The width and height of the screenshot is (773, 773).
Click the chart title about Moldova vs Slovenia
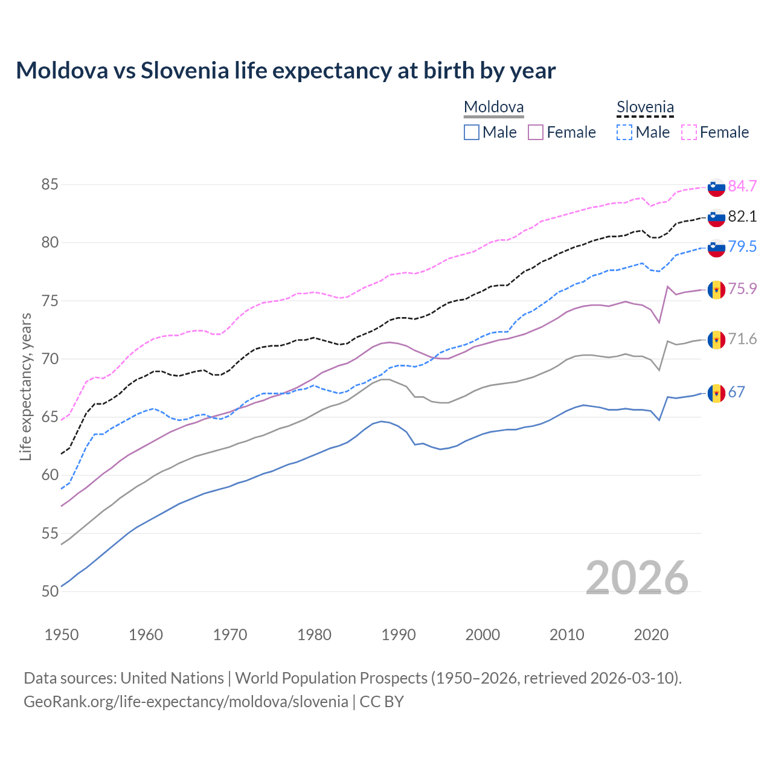pos(286,71)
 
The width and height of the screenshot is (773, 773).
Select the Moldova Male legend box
pos(472,132)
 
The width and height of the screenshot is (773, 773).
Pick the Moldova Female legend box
pos(536,132)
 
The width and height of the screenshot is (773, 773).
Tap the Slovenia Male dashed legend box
pos(624,132)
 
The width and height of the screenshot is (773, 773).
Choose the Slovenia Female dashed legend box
pos(689,132)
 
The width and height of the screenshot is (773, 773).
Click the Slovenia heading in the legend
pos(645,107)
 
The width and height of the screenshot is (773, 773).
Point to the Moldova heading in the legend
pos(493,107)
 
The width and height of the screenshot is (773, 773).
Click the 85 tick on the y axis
pos(50,184)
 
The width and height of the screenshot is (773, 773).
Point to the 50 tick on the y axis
pos(50,591)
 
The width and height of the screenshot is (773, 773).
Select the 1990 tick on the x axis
pos(399,635)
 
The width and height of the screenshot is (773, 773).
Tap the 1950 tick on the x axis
pos(62,635)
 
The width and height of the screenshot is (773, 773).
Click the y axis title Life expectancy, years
pos(25,386)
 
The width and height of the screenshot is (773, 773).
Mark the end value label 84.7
pos(742,186)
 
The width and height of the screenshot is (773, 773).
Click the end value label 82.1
pos(742,216)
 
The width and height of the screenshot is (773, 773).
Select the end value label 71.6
pos(742,339)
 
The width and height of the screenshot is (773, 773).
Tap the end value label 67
pos(736,393)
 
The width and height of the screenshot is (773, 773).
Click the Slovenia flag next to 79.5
pos(716,247)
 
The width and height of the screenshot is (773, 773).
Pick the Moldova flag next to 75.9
pos(716,290)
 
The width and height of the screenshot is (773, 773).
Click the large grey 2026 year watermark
pos(637,578)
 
